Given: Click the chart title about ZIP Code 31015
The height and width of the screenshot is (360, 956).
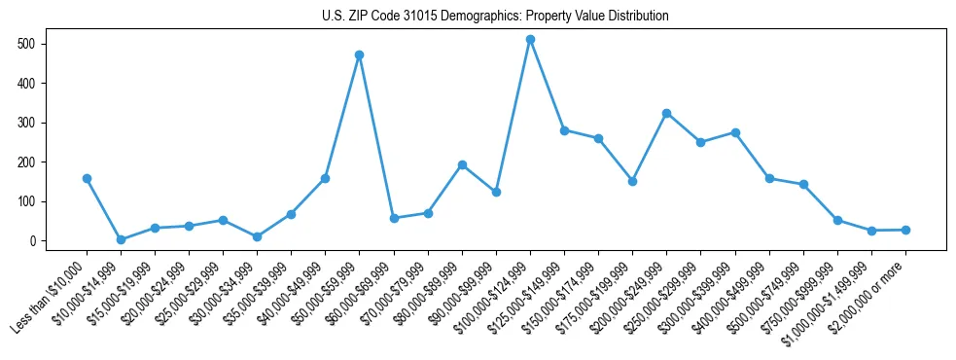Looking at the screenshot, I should [495, 16].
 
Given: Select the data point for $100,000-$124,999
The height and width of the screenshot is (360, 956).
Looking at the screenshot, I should [530, 40].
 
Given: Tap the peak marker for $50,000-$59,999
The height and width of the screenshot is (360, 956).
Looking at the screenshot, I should [360, 55].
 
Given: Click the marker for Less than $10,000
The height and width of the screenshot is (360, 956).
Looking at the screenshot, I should [87, 179].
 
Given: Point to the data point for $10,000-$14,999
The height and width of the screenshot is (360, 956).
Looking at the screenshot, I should [121, 239].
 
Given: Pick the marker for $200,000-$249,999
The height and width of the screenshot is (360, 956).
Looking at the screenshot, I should [666, 114].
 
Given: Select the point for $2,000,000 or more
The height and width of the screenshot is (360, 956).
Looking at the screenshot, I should [905, 230].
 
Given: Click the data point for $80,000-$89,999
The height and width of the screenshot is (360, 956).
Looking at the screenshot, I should [462, 164].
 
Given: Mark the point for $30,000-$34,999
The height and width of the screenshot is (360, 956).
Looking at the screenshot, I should [257, 236].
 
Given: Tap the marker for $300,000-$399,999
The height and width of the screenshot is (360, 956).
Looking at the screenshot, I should [735, 132].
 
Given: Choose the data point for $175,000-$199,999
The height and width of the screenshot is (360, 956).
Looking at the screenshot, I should [632, 181].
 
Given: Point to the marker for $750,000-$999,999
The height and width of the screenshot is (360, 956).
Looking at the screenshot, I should [837, 221].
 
